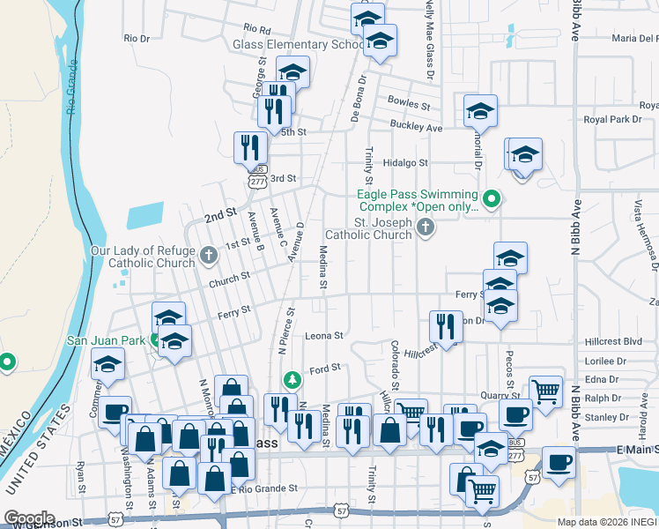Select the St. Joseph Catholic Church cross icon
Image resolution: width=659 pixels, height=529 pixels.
[426, 228]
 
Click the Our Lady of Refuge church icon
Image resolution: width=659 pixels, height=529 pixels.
[209, 256]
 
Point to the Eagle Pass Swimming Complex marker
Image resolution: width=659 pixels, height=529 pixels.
[492, 200]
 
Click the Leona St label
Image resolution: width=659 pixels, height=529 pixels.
[323, 335]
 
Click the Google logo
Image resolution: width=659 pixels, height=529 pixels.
[29, 518]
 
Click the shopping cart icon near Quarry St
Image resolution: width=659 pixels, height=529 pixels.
[545, 390]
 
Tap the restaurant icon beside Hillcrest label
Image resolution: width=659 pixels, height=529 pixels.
[447, 326]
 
